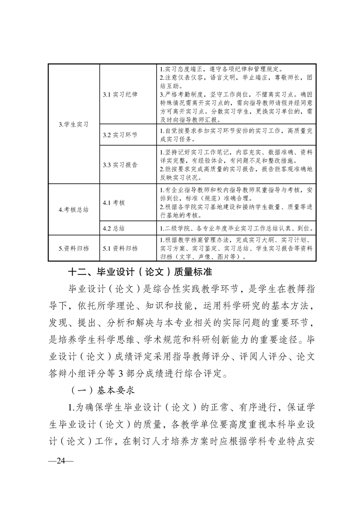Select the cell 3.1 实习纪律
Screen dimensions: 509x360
coord(120,94)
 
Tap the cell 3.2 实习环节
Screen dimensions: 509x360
coord(120,135)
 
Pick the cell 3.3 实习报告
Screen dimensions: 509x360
coord(120,165)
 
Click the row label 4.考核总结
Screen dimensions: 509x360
coord(74,210)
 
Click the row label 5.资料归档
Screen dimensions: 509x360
coord(74,248)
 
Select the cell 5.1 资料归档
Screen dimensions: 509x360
coord(120,248)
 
